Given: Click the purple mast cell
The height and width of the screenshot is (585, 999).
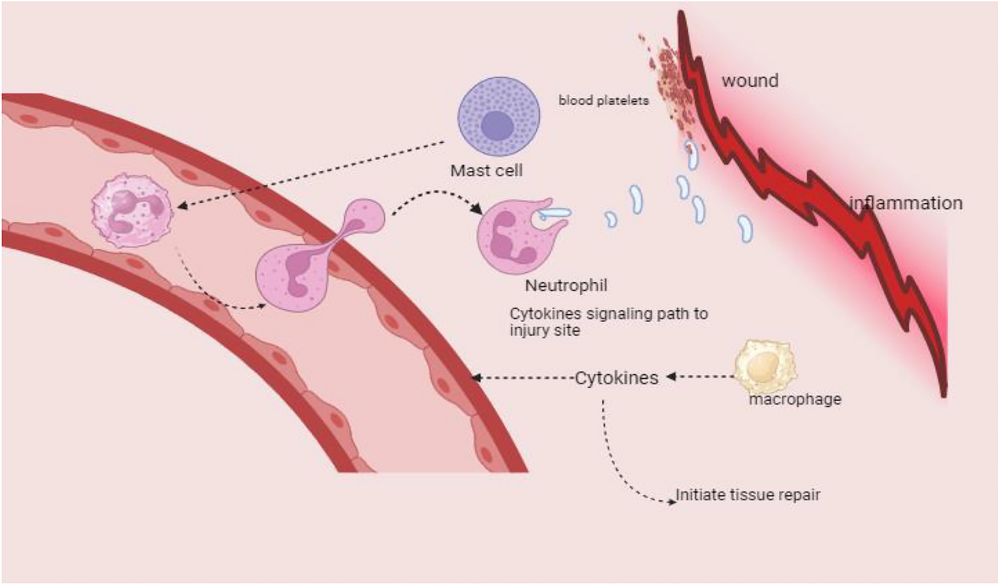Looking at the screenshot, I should point(499,116).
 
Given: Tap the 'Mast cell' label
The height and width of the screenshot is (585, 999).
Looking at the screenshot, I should point(487,171).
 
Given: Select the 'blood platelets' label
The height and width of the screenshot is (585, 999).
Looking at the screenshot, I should point(603,101).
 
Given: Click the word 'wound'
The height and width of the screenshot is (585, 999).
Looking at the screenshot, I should point(750,81).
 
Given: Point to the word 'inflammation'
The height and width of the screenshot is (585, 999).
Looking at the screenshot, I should point(906,203).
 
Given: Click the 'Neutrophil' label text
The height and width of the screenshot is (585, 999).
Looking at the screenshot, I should point(566,285).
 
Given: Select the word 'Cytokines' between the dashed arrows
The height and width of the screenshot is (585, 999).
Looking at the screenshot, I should point(616,378).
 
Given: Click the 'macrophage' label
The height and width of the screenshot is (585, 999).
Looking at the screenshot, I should point(795,399).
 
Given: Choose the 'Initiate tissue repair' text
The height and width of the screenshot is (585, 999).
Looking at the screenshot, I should point(748,495).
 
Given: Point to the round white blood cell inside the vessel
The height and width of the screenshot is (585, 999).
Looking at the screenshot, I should point(131,209).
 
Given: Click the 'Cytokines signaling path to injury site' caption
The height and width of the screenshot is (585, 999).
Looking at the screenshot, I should point(608,322).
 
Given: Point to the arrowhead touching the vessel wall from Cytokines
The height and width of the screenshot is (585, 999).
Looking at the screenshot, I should point(476,378).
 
